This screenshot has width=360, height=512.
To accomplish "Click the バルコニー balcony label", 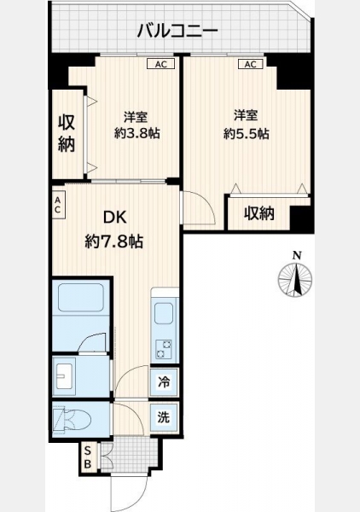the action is [x=177, y=31].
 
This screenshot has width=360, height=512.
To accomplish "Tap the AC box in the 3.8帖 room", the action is [x=160, y=64].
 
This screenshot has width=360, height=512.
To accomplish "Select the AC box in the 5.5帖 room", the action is [x=250, y=64].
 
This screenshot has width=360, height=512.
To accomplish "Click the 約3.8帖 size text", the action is [x=136, y=133].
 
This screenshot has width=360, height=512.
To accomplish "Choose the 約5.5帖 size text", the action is [x=246, y=133].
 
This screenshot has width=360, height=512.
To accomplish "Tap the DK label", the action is [x=114, y=218].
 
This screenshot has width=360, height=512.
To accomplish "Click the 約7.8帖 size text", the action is [x=114, y=241].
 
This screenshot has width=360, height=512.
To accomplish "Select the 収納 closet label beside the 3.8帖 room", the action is [x=67, y=133].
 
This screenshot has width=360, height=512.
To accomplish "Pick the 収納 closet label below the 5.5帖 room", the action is [x=259, y=213].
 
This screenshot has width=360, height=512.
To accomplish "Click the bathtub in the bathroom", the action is [x=81, y=297].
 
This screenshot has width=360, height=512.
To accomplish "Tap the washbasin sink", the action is [x=64, y=376].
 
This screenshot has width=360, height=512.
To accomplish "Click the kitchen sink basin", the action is [x=164, y=313].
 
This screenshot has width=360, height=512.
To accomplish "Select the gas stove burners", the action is [x=164, y=349].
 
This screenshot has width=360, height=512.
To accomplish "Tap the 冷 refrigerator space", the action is [x=164, y=381].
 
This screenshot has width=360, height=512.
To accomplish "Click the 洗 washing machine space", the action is [x=164, y=416].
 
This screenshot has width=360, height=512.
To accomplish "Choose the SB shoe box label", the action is [x=88, y=457].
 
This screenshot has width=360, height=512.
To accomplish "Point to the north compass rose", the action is [x=295, y=279].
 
